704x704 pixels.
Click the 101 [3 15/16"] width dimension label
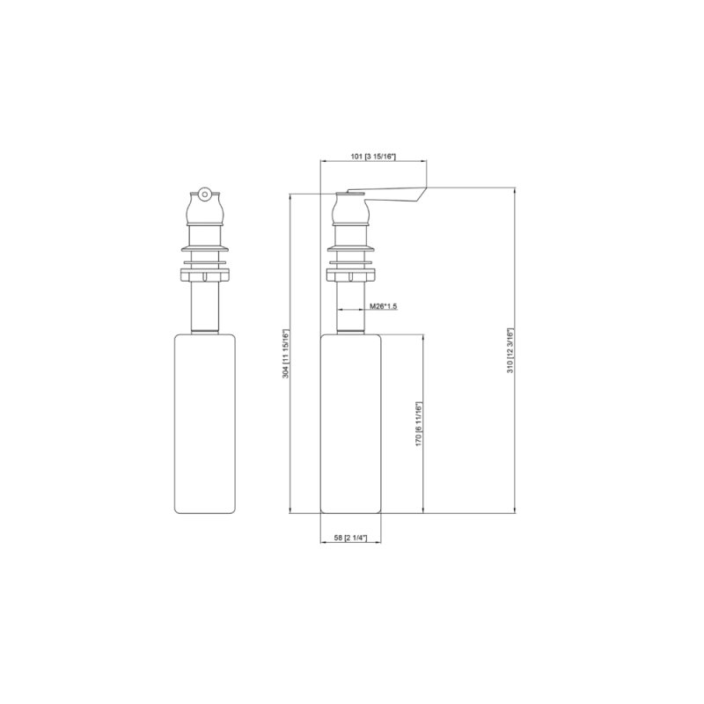click(x=374, y=156)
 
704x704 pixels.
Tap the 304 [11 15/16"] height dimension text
click(x=284, y=354)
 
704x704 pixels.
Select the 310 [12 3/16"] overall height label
click(x=510, y=351)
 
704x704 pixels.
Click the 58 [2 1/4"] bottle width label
click(x=351, y=536)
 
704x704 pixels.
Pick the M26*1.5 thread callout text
click(x=384, y=305)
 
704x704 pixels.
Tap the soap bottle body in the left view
click(x=206, y=422)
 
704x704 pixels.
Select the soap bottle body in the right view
click(x=351, y=422)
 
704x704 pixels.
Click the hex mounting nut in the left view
click(x=206, y=275)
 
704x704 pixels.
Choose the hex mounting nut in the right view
click(x=351, y=275)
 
